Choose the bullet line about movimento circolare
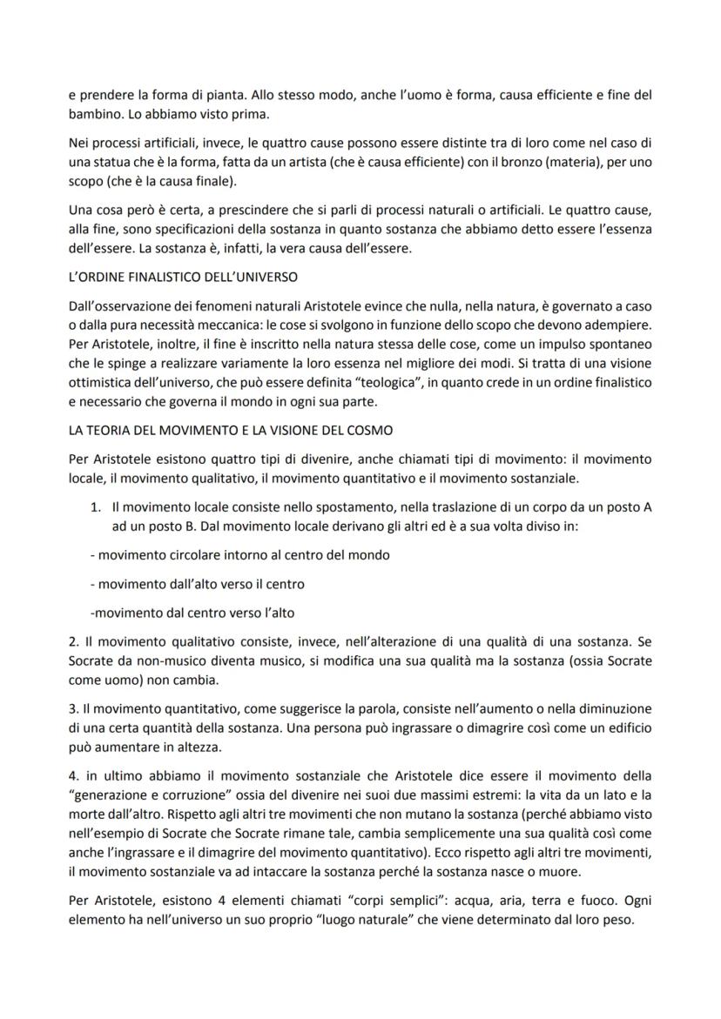click(x=239, y=553)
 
